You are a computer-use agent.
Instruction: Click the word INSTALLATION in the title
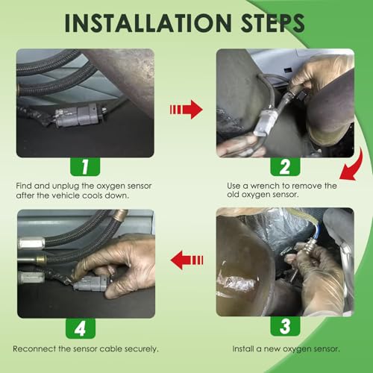click(148, 23)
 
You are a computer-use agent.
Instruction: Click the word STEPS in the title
click(273, 23)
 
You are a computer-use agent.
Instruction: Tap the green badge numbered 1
click(85, 166)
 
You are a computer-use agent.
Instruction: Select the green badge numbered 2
click(285, 166)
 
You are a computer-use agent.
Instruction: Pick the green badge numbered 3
click(285, 326)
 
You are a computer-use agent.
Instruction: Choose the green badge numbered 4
click(81, 329)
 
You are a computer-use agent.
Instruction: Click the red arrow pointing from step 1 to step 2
click(186, 110)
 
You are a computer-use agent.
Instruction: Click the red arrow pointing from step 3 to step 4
click(186, 260)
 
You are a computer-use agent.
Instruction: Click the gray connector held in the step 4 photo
click(90, 283)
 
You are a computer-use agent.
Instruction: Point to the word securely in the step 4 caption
click(141, 349)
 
